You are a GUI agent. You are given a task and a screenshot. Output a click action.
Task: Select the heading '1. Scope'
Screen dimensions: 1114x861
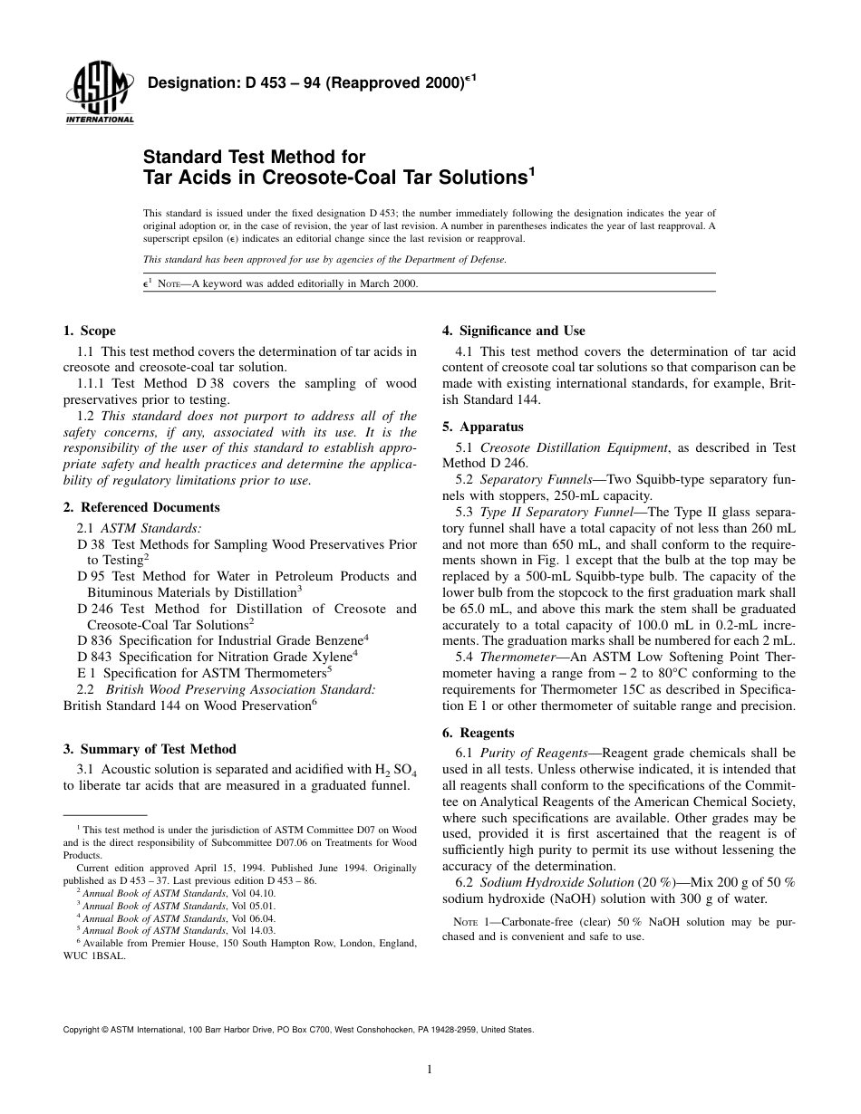tap(89, 331)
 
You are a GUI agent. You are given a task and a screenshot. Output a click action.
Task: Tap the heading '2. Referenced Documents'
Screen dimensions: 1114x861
tap(141, 507)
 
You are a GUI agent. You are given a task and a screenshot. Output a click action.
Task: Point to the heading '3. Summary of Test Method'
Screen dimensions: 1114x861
tap(149, 749)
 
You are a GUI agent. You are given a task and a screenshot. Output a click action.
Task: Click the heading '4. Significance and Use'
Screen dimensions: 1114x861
tap(513, 331)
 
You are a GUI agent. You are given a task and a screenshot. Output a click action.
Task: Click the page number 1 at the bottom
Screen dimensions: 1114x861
tap(430, 1070)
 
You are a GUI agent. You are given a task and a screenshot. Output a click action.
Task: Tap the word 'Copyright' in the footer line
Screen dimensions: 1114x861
tap(82, 1030)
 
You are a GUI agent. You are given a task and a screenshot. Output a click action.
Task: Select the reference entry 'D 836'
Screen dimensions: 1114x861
tap(95, 639)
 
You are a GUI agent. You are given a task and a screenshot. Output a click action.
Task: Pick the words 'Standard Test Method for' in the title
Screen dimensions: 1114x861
tap(255, 158)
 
